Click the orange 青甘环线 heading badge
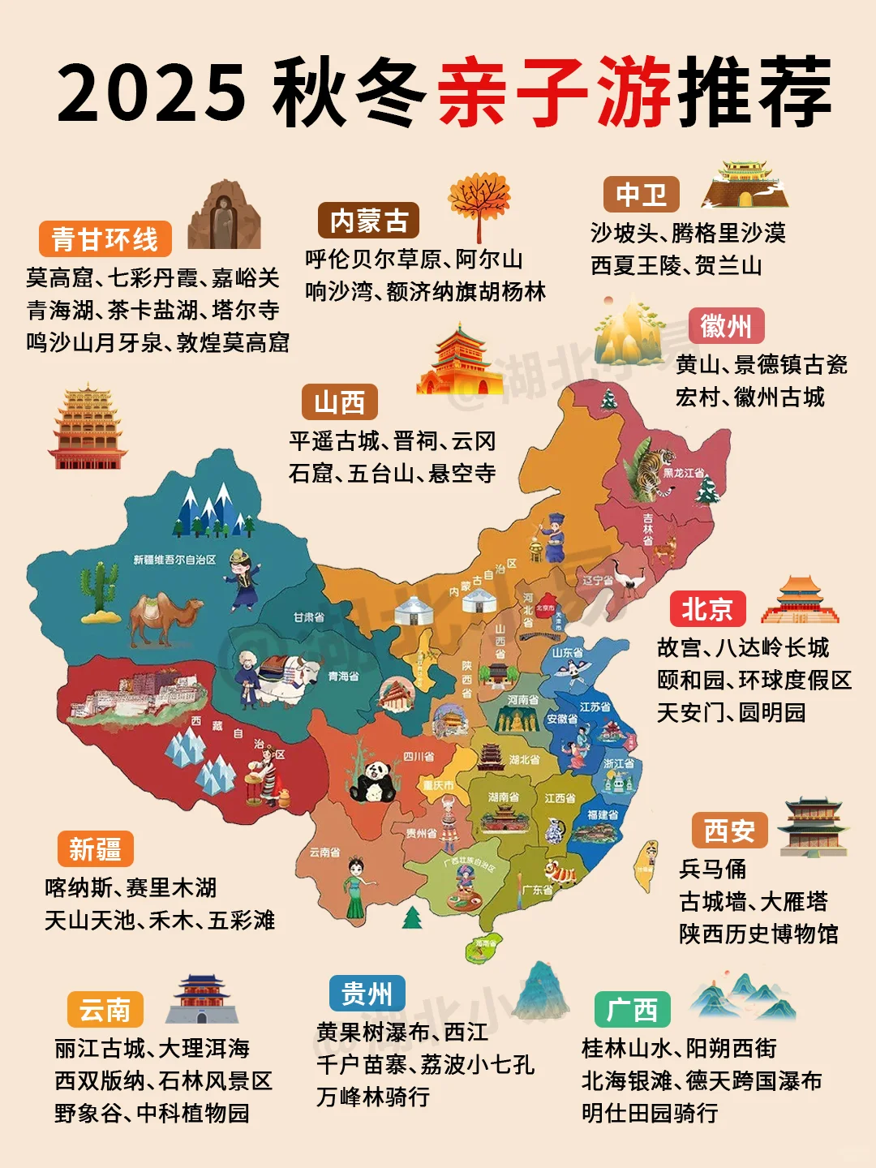coord(105,239)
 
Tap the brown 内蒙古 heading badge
coord(368,221)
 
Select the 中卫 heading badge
coord(641,195)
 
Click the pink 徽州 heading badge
coord(726,327)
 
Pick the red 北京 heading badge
coord(707,609)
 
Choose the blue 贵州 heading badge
coord(367,994)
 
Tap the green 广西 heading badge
coord(632,1010)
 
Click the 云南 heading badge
coord(105,1010)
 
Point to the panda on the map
coord(373,780)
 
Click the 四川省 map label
coord(419,756)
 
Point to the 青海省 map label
coord(343,676)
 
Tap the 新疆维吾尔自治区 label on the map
coord(174,560)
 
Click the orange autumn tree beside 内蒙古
coord(479,203)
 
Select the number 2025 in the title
coord(152,92)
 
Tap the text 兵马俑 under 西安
coord(712,869)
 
